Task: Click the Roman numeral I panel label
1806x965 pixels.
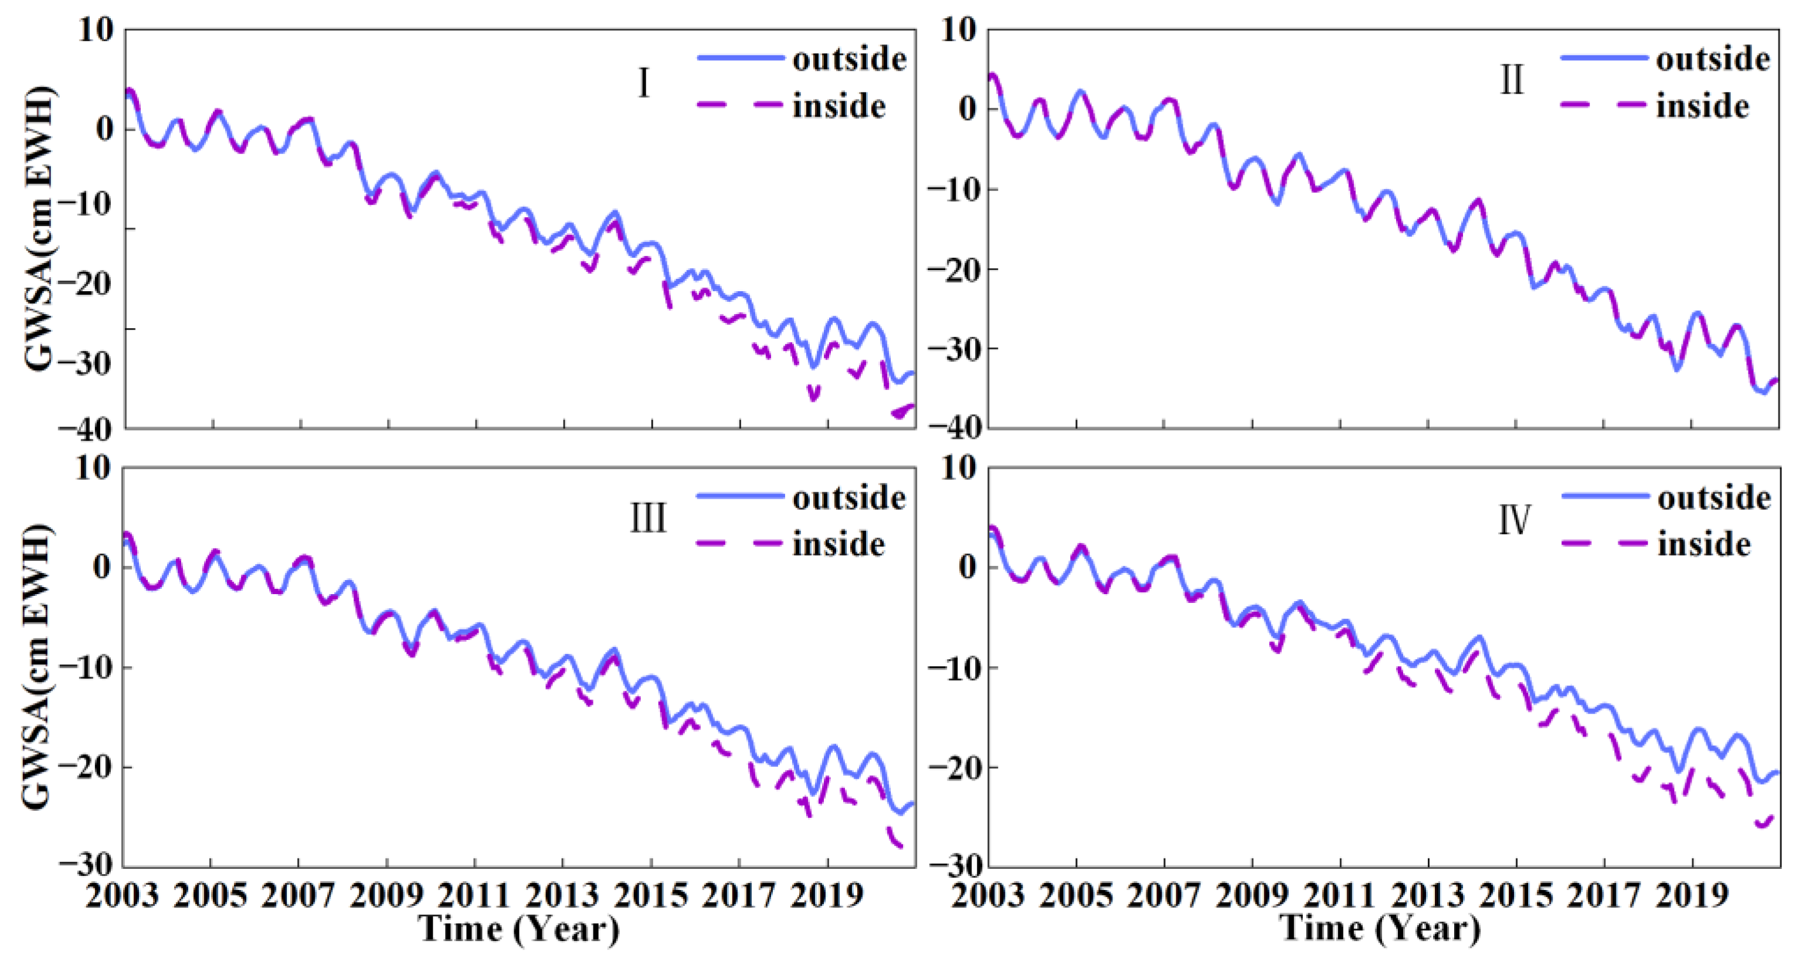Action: tap(643, 83)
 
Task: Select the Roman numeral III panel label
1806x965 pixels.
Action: tap(648, 519)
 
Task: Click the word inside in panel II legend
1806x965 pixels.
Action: tap(1702, 107)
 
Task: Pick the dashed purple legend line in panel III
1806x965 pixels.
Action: tap(739, 544)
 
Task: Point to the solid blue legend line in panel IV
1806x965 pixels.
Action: tap(1605, 496)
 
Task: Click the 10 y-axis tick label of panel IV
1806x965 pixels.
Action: tap(958, 468)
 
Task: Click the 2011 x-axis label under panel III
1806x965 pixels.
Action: tap(474, 896)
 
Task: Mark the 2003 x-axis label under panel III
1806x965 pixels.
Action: tap(123, 896)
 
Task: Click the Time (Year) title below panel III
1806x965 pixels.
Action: tap(519, 929)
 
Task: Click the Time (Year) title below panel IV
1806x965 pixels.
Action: tap(1380, 929)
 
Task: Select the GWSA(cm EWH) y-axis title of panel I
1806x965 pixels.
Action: tap(39, 228)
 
